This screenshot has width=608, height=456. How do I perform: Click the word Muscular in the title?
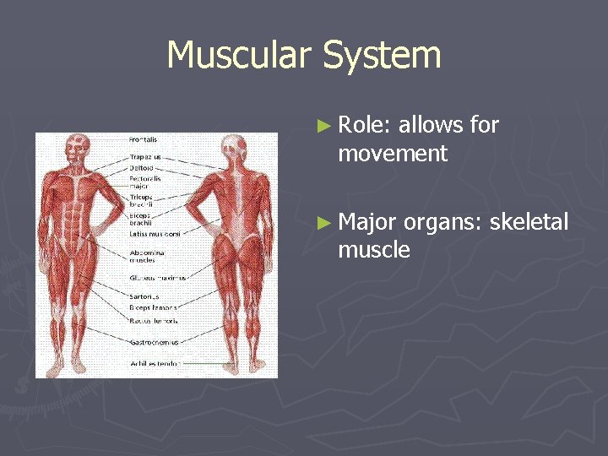239,56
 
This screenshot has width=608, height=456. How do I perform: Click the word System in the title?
383,56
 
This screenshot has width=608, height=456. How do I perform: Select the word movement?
392,154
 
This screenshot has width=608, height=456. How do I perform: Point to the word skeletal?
529,222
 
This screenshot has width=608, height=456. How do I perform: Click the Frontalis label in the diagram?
143,138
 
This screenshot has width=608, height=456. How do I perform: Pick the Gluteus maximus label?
157,277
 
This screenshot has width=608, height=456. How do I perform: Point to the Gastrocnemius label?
154,343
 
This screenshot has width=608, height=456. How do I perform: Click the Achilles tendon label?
155,364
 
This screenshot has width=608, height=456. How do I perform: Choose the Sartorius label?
144,296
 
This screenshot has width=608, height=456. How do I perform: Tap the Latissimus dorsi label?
155,232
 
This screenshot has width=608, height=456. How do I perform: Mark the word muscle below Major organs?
373,250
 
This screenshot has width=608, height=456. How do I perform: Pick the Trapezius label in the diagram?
144,156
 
